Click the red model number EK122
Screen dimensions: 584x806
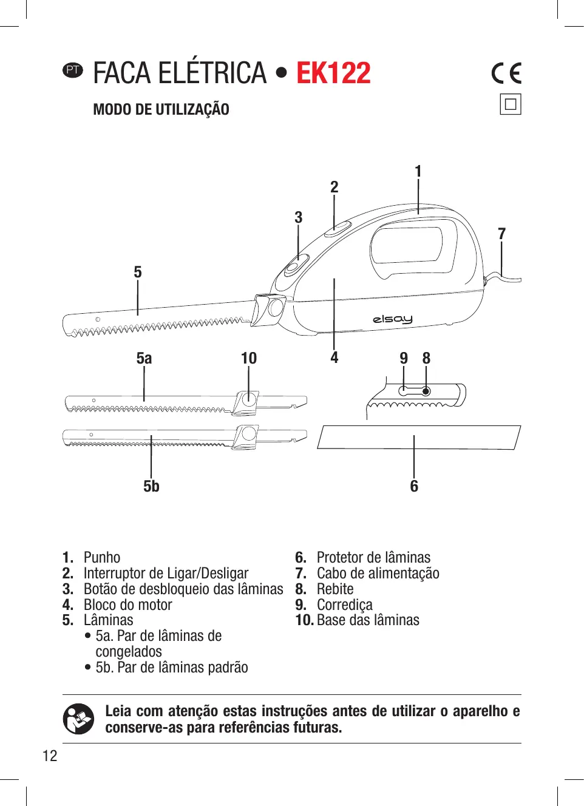[x=333, y=73]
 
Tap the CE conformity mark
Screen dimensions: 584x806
[x=506, y=73]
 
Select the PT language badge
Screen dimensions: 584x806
[x=73, y=70]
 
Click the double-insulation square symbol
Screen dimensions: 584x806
[x=511, y=104]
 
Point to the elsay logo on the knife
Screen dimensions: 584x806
[x=393, y=319]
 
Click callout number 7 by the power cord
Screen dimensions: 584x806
[x=501, y=234]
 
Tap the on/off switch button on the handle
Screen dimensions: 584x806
[x=338, y=229]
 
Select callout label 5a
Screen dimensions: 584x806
[x=144, y=358]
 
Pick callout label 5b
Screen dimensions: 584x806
[x=151, y=486]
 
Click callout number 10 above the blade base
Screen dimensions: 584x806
[x=249, y=358]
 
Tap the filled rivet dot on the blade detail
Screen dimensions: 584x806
[x=426, y=391]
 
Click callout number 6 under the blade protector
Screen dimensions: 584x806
[x=414, y=486]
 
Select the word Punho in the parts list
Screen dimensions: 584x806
[x=102, y=557]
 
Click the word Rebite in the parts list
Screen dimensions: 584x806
[x=335, y=589]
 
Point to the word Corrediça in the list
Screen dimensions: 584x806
[x=344, y=604]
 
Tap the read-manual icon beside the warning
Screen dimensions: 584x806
[x=78, y=719]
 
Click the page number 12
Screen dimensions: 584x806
[x=50, y=756]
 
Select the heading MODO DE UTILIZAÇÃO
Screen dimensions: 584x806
[x=161, y=110]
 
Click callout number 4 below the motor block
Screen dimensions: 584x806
[x=334, y=357]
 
